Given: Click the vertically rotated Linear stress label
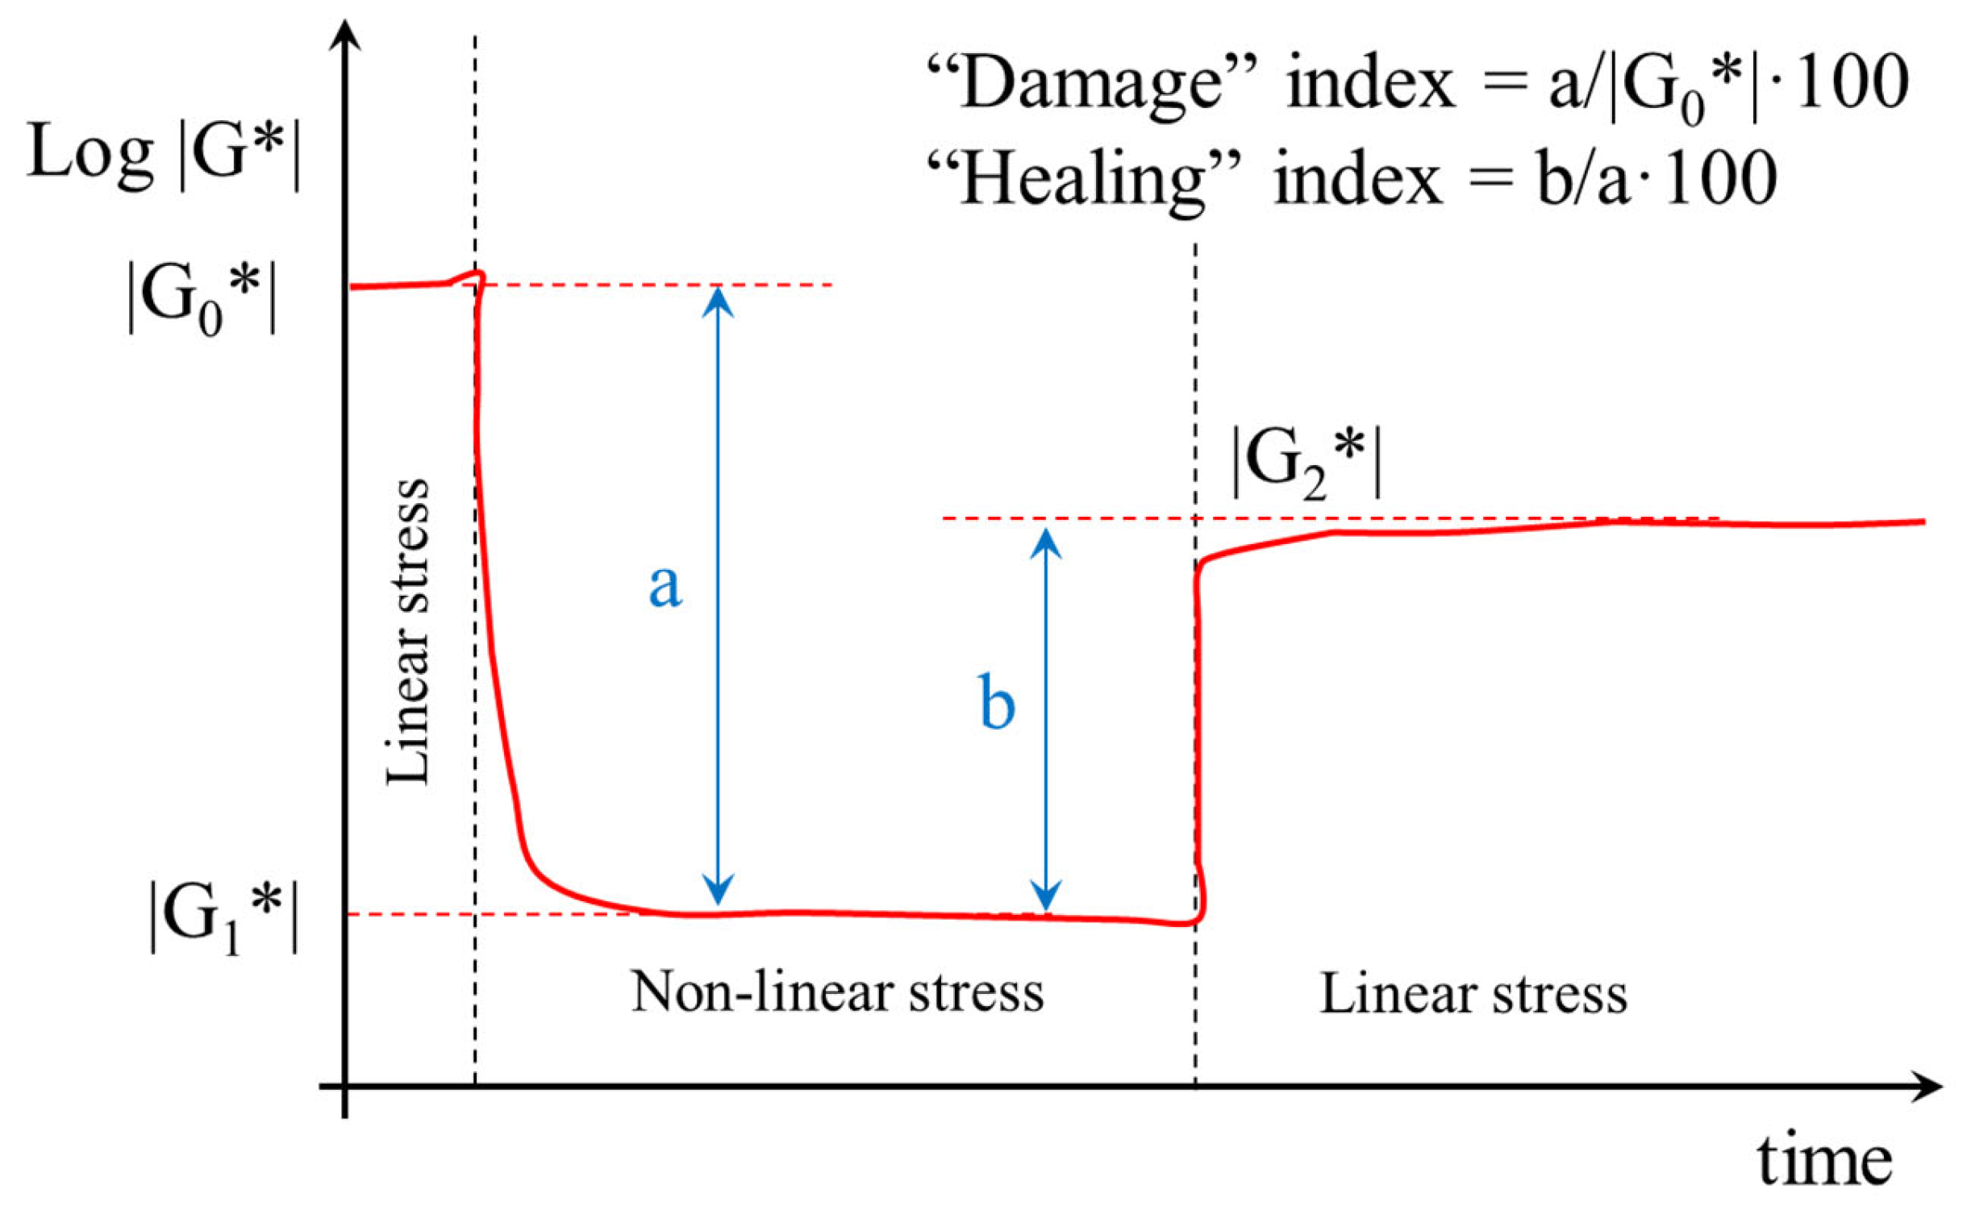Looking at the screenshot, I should pyautogui.click(x=408, y=632).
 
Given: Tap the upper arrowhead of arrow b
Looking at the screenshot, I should pyautogui.click(x=1046, y=543).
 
